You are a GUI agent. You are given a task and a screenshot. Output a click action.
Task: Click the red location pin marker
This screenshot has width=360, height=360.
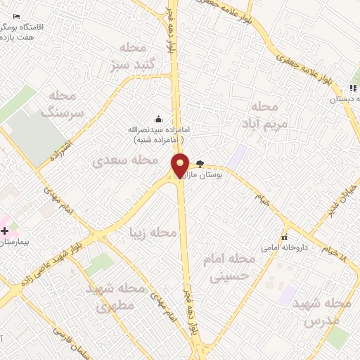[x=181, y=166]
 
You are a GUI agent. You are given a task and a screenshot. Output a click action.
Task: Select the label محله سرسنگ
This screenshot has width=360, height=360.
[x=63, y=103]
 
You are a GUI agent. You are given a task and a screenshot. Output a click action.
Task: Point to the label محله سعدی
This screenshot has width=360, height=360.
[x=126, y=161]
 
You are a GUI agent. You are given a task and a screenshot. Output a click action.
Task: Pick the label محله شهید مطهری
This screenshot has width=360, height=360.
[x=115, y=297]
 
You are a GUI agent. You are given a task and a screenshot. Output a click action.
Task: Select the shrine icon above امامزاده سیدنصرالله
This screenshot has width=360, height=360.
[x=157, y=118]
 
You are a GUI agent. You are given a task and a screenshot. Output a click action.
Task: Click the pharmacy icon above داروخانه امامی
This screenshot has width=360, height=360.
[x=285, y=237]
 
